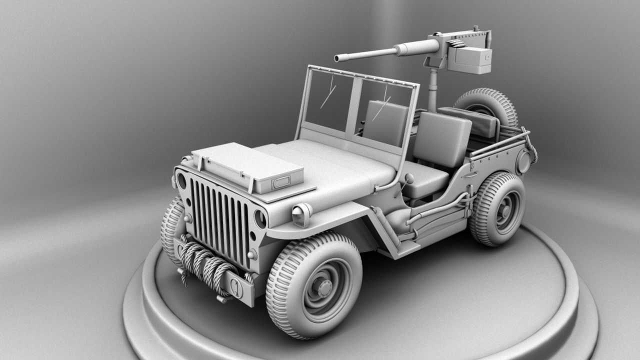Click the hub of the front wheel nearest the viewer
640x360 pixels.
[323, 287]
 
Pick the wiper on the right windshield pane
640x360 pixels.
[382, 107]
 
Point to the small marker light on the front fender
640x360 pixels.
[302, 214]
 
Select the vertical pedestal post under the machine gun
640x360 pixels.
[433, 90]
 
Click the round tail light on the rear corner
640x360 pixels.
[523, 162]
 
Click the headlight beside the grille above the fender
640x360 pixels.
[260, 218]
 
